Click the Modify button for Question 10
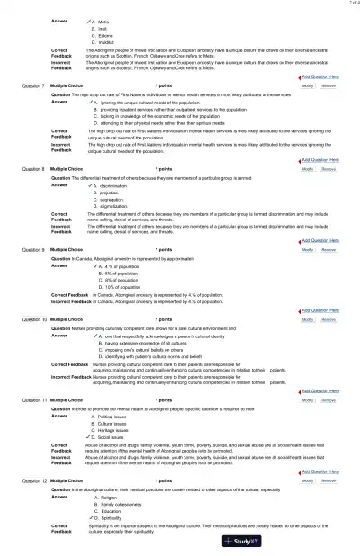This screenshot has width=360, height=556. (308, 319)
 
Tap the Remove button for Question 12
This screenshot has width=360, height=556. (328, 482)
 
